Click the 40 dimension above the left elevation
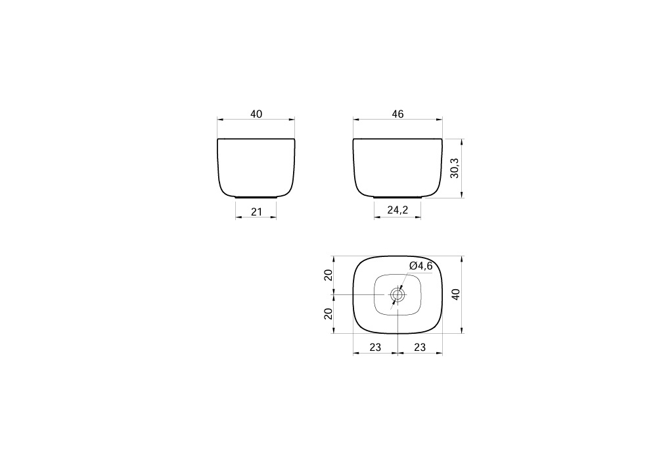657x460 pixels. click(x=256, y=114)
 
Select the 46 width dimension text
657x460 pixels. click(x=397, y=114)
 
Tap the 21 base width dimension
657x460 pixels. click(x=256, y=212)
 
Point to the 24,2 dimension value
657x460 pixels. click(x=397, y=210)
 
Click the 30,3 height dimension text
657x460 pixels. click(x=455, y=168)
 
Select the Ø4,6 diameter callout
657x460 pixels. click(x=420, y=265)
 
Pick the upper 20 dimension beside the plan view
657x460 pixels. click(x=328, y=275)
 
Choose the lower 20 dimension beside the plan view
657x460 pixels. click(x=328, y=313)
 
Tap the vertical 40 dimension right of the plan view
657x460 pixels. click(x=456, y=294)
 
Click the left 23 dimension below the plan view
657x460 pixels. click(x=375, y=348)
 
